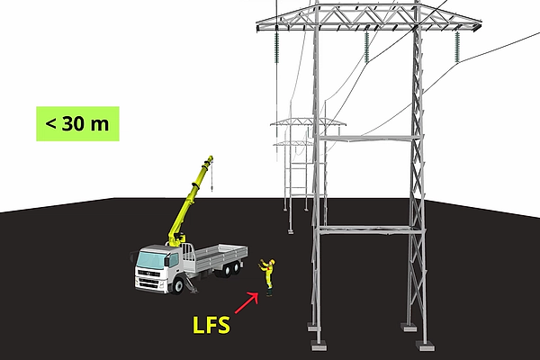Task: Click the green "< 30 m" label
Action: coord(78,123)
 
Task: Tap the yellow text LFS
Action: coord(212,324)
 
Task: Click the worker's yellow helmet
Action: coord(268,261)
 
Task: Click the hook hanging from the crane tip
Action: coord(213,186)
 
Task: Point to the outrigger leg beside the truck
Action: coord(191,285)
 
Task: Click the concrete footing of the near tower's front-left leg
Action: coord(318,341)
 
